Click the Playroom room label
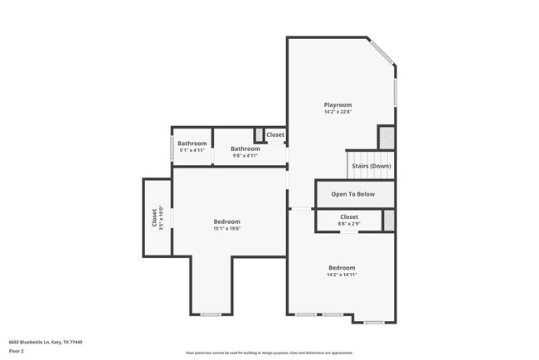coord(337,105)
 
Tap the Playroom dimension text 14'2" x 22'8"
coord(337,112)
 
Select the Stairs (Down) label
coord(371,166)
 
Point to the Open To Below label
coord(353,194)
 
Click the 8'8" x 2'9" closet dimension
coord(349,224)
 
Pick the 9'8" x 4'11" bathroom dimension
coord(245,155)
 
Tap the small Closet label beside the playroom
coord(275,134)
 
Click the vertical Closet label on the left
coord(154,218)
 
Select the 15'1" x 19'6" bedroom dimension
coord(227,229)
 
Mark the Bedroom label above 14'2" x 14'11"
coord(342,268)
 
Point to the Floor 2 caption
coord(17,351)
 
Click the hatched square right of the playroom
coord(386,137)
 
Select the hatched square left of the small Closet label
coord(259,134)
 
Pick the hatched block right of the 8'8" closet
coord(389,221)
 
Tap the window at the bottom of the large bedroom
coord(211,314)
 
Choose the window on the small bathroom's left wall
coord(172,148)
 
